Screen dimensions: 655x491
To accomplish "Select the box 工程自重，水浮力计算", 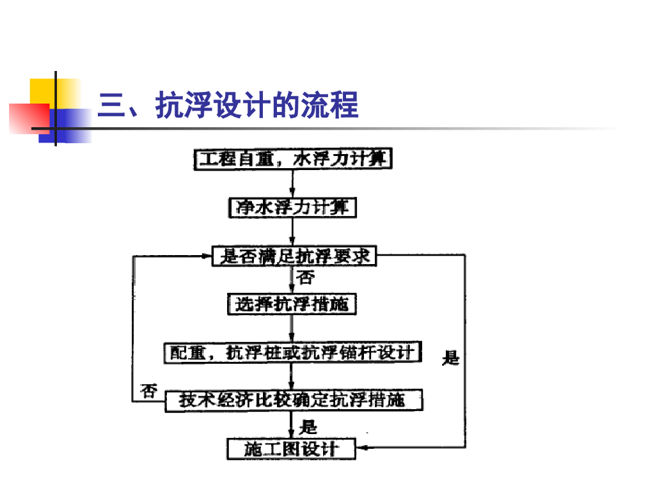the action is click(x=292, y=159).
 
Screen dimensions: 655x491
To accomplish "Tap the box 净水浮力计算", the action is click(x=292, y=208).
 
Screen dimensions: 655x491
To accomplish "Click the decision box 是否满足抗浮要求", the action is click(x=294, y=257).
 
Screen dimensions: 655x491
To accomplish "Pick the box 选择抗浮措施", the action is click(x=292, y=304).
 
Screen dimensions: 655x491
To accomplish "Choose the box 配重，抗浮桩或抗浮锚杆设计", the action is click(x=292, y=352).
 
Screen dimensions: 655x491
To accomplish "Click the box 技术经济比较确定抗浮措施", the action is click(x=292, y=401).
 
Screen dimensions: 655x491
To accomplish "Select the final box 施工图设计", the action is click(x=292, y=449).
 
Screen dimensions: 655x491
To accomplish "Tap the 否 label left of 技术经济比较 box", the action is click(x=149, y=391).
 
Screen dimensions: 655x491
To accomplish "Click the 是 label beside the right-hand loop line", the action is click(x=451, y=358).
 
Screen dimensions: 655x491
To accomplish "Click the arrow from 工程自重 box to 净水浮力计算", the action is click(x=292, y=184).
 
